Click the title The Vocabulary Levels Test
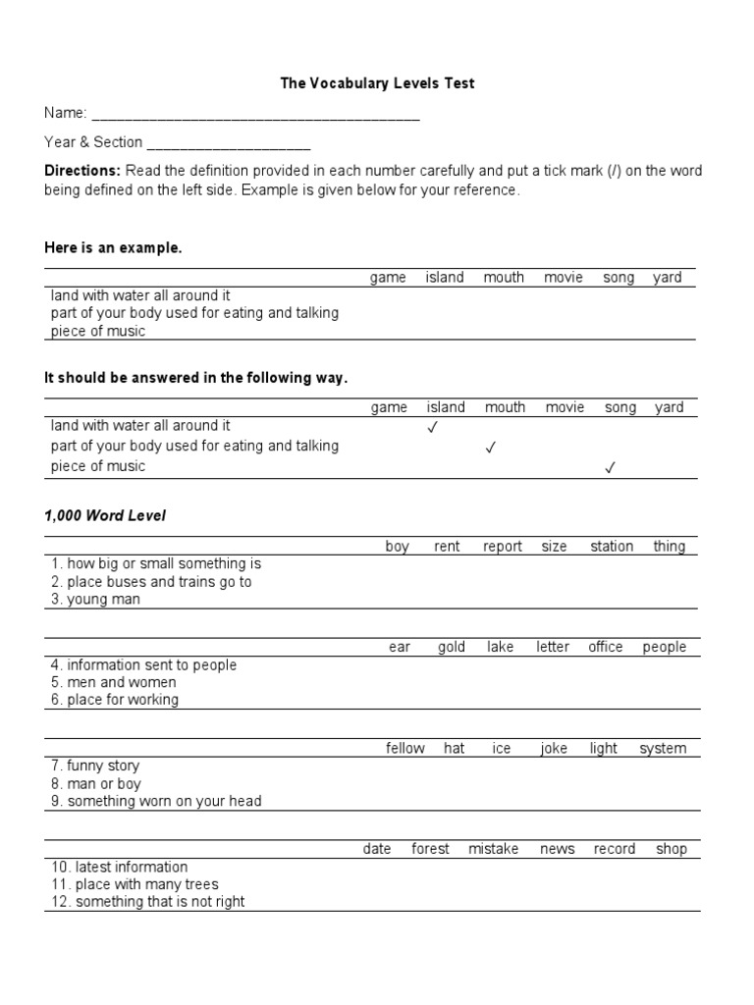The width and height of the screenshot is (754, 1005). pos(377,83)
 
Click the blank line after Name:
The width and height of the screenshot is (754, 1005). pos(255,116)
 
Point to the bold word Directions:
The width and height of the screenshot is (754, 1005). pos(81,171)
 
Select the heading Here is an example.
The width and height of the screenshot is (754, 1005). pos(113,248)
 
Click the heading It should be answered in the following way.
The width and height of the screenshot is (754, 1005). pos(195,378)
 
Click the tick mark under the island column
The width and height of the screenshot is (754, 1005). pos(433,427)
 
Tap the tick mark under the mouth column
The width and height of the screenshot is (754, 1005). pos(491,448)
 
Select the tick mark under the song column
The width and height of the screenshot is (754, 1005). pos(610,468)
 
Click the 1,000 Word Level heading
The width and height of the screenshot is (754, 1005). pos(105,516)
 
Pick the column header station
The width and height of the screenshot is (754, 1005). pos(612,547)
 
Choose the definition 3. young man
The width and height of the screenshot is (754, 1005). pos(95,600)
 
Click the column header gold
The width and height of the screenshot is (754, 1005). pos(452,647)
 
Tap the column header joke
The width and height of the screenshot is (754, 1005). pos(554,748)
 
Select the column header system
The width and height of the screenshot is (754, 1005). pos(663,748)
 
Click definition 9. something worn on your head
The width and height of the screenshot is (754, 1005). pos(156,801)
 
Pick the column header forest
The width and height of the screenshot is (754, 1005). pos(430,849)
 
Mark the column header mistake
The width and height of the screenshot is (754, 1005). pos(493,849)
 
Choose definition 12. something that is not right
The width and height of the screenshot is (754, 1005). pos(146,902)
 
